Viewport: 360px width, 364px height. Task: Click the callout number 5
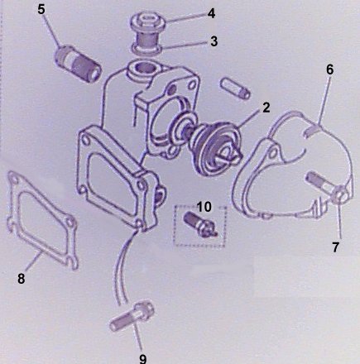(41, 9)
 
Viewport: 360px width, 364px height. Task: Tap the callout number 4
(211, 13)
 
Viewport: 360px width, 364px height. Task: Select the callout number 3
(214, 41)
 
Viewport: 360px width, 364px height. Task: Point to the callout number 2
(266, 108)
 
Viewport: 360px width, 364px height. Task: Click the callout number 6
(329, 69)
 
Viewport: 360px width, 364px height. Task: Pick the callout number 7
(335, 247)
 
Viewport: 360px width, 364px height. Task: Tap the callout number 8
(21, 278)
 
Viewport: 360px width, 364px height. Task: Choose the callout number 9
(142, 358)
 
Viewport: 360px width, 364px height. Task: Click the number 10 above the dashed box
(204, 207)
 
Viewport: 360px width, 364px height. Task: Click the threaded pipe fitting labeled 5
(77, 65)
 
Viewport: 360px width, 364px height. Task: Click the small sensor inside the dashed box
(201, 226)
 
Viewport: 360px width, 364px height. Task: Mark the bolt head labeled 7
(339, 194)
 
